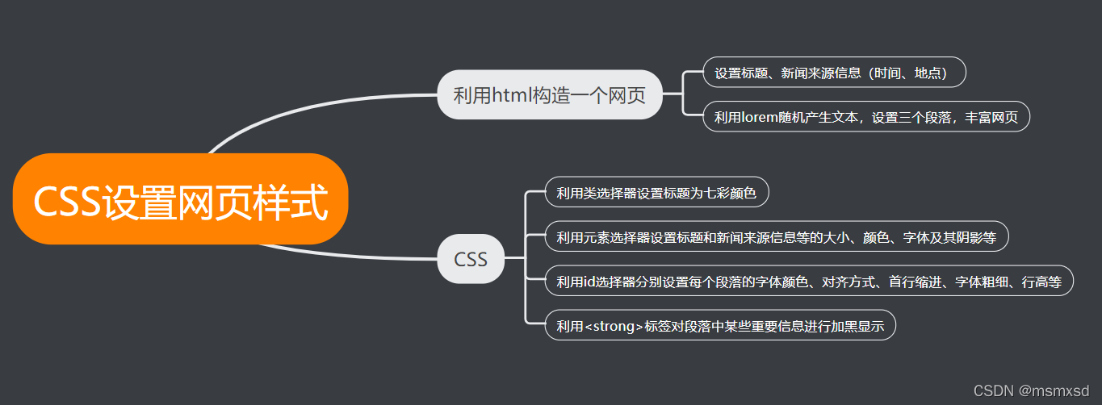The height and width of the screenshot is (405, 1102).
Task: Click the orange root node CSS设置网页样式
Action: [x=180, y=199]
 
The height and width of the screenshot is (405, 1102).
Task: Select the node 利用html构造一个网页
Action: [x=549, y=96]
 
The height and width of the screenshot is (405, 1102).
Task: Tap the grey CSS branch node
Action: [x=471, y=259]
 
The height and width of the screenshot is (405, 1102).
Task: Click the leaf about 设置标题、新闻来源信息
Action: [x=834, y=73]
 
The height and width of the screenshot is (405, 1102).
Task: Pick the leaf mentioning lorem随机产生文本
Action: [x=865, y=117]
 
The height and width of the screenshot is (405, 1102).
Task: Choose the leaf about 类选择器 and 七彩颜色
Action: [x=656, y=193]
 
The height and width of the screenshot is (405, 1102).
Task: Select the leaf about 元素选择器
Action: [x=776, y=237]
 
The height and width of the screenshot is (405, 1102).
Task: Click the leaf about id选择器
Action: [x=809, y=282]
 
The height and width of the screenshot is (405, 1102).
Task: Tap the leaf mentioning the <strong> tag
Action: [x=720, y=326]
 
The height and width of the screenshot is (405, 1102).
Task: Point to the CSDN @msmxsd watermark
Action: [x=1030, y=390]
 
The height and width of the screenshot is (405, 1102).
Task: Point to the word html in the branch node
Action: [x=509, y=96]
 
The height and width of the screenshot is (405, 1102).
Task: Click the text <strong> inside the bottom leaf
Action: [x=614, y=326]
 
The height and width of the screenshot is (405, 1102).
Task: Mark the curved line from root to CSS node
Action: [x=347, y=255]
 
